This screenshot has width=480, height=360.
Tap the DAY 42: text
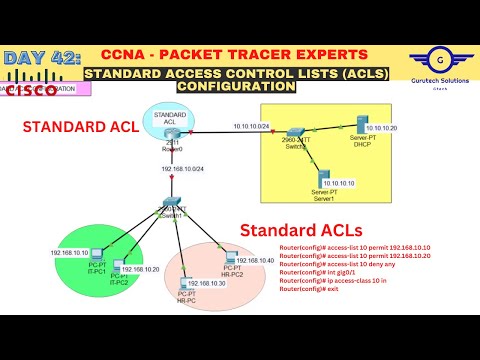(x=40, y=59)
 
